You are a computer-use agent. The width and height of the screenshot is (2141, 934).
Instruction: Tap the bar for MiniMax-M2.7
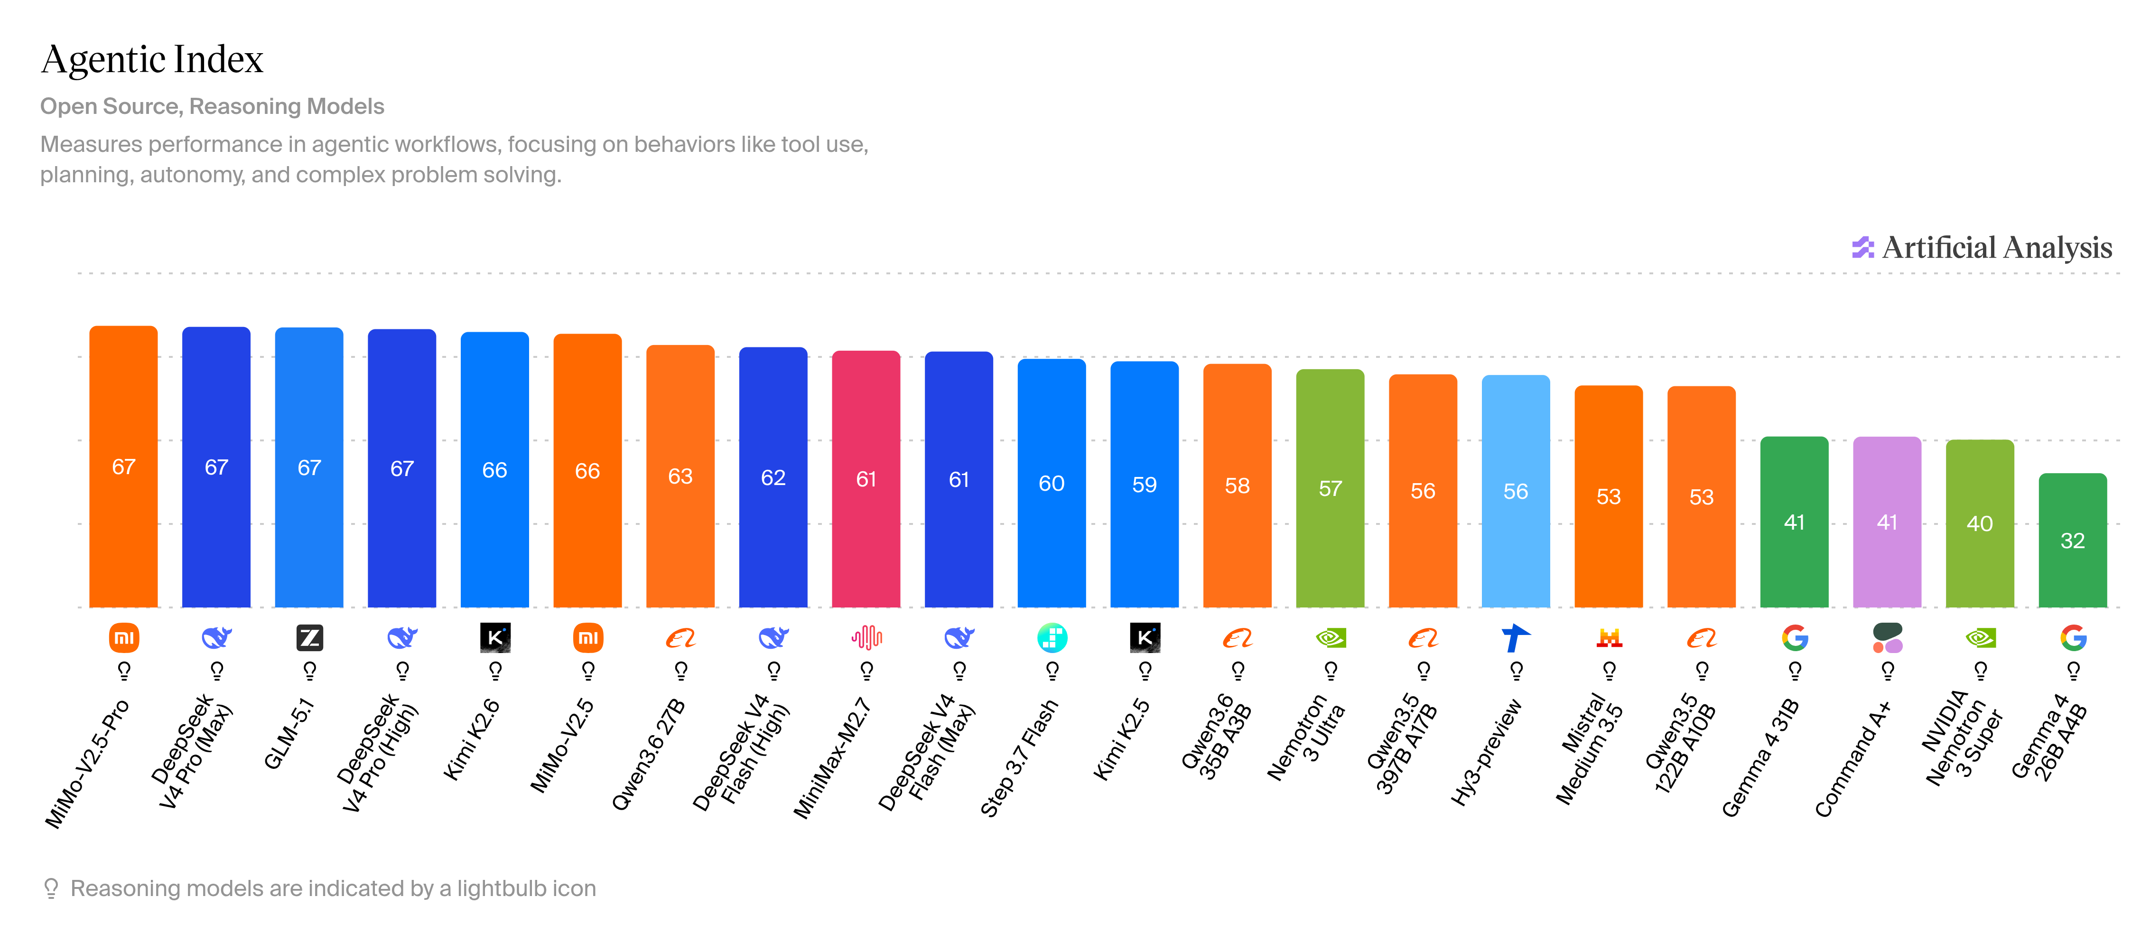866,479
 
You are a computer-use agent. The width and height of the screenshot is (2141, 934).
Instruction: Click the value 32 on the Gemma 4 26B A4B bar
2073,541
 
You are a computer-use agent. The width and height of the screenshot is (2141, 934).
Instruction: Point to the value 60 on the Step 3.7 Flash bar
1052,484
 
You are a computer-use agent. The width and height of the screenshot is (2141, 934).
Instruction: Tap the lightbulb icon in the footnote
51,888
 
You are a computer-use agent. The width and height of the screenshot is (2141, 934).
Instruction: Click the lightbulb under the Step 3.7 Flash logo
1052,670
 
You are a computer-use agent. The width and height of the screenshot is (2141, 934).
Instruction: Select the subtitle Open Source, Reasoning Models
212,106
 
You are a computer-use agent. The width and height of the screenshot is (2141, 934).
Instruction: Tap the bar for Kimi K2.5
1145,485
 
